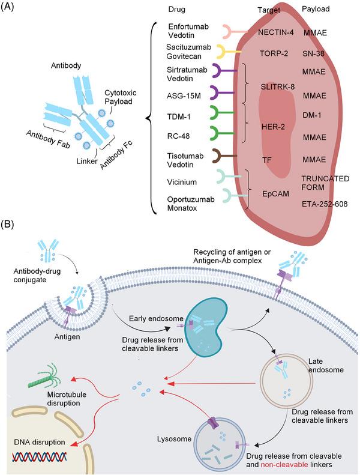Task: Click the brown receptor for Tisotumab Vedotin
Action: pos(227,159)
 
